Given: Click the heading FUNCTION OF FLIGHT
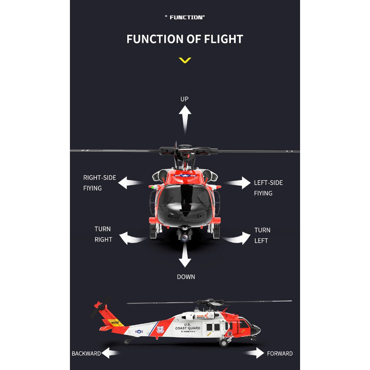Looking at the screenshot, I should (185, 39).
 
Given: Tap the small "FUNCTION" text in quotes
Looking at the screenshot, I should (185, 17).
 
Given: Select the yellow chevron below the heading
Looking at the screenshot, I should (185, 60).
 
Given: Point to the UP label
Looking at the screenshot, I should (185, 99).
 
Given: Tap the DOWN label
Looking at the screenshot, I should (186, 277).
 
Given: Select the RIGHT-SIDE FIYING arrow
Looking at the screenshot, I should (129, 183).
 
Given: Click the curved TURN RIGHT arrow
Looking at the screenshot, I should (131, 238).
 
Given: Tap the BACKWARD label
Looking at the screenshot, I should (86, 353).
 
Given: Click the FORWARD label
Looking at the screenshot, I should (280, 353).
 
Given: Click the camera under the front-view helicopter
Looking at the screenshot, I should (184, 235).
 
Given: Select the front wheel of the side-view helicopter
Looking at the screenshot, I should (223, 343).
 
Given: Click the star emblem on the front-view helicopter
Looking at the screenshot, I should (185, 175).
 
